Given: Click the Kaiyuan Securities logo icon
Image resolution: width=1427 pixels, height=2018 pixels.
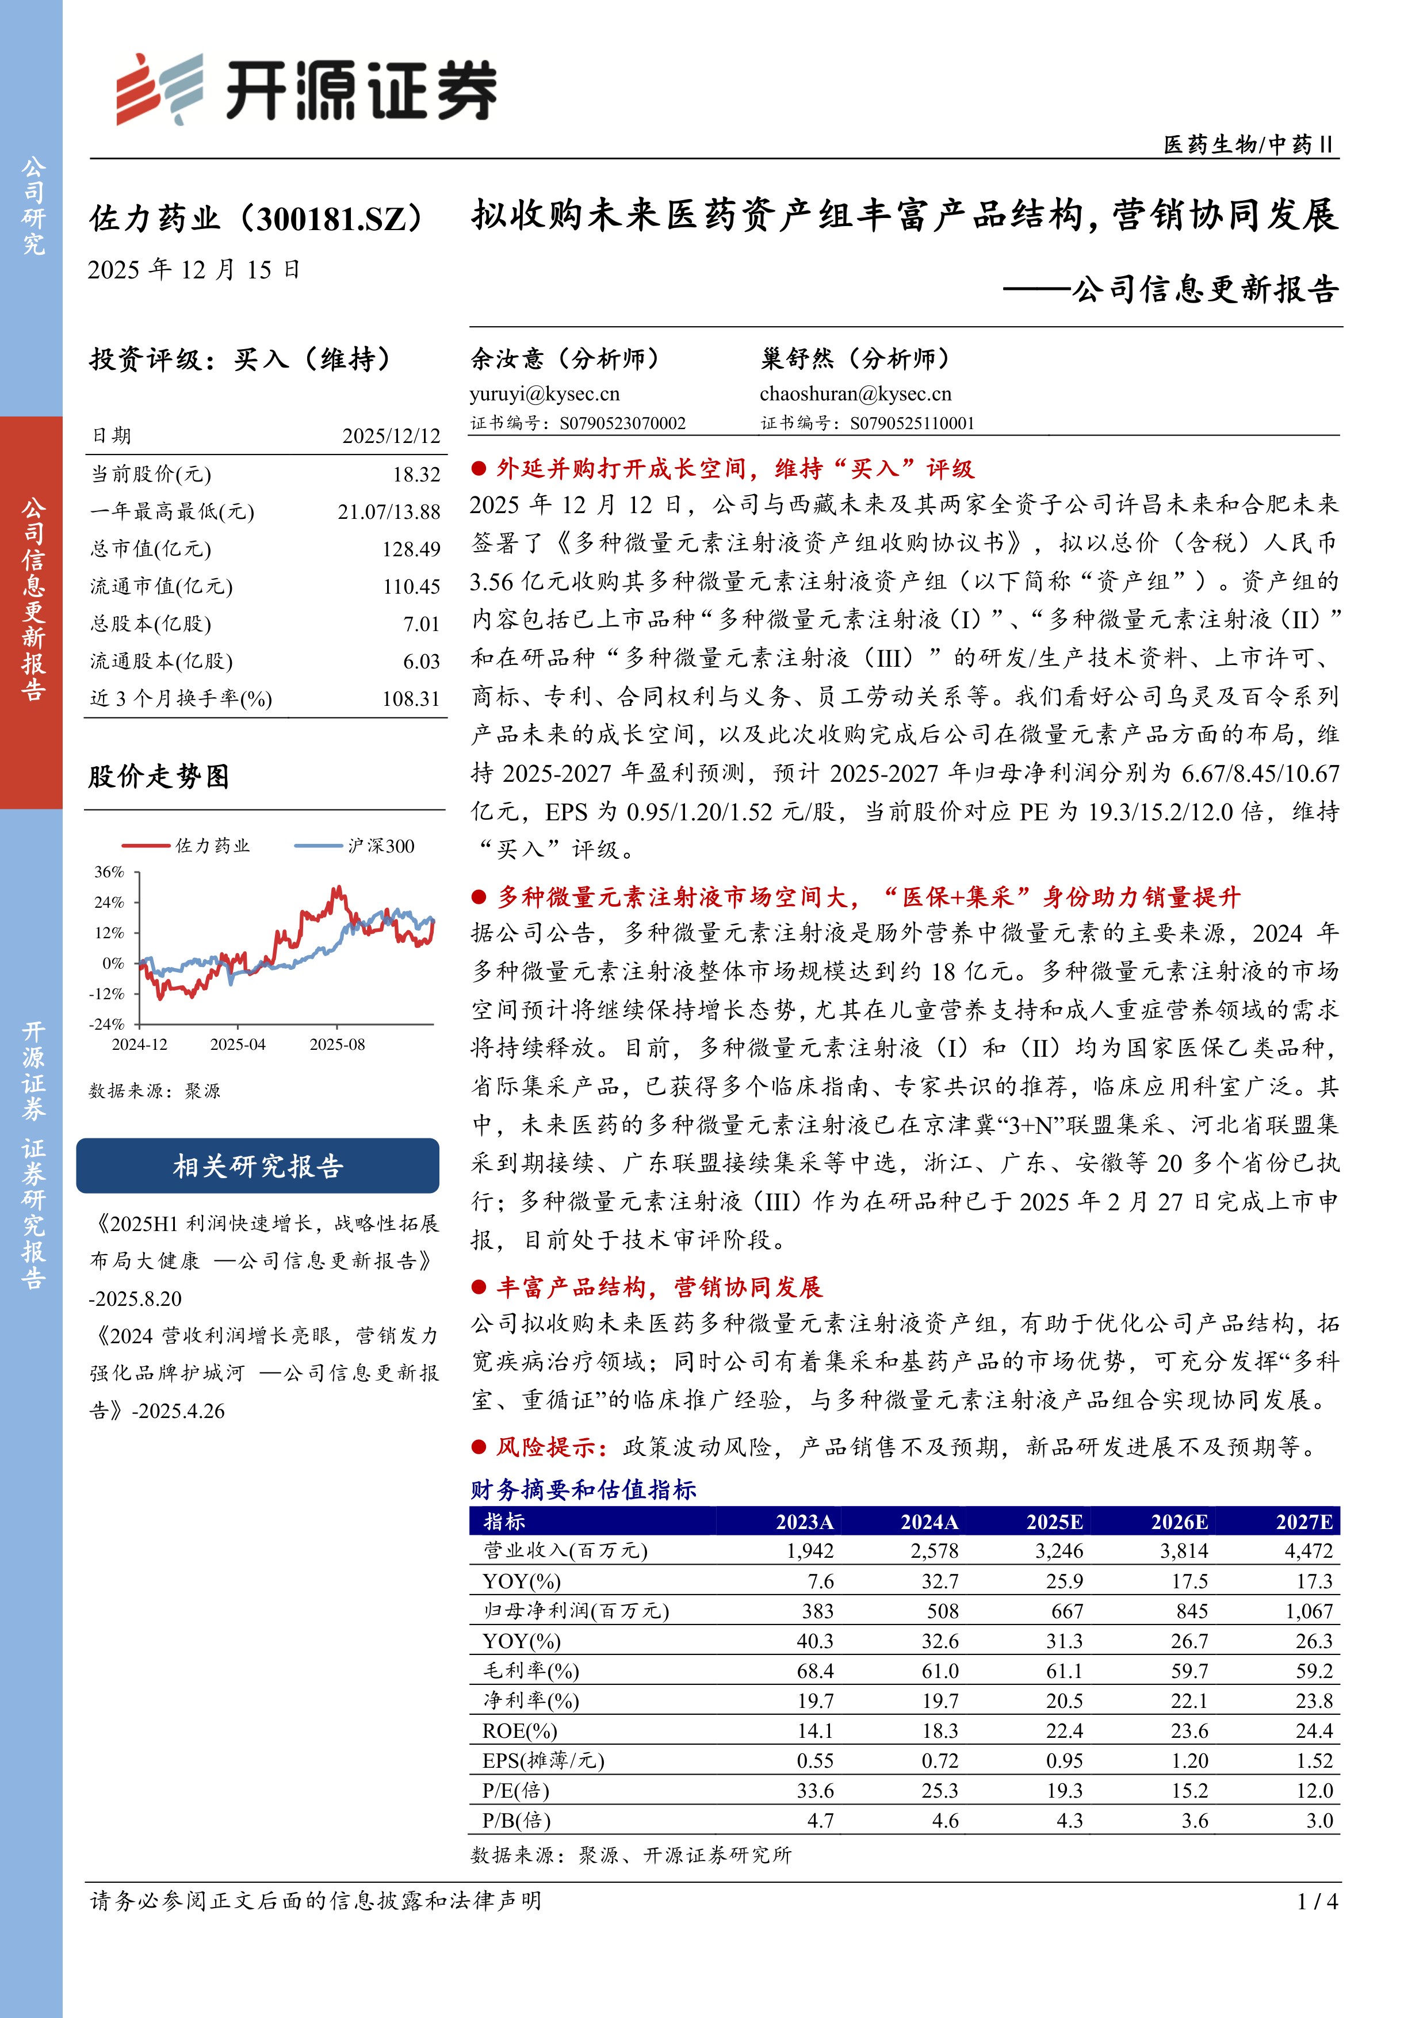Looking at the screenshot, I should [x=159, y=90].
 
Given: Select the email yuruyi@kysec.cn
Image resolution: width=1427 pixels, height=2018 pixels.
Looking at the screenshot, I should [x=545, y=393].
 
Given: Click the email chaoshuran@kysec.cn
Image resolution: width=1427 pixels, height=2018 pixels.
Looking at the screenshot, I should [x=855, y=393].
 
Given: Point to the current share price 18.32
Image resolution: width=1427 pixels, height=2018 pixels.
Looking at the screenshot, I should [x=416, y=475].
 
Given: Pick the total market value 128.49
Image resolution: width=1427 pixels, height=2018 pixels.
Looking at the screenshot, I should [x=410, y=549].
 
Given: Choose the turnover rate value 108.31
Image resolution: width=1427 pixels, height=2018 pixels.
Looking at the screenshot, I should [x=410, y=699].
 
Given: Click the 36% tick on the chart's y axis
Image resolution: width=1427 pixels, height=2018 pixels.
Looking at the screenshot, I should [x=110, y=872].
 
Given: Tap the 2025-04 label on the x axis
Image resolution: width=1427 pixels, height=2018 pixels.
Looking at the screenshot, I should [x=237, y=1044].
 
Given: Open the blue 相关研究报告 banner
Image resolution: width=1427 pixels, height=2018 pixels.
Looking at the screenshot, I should [x=258, y=1166].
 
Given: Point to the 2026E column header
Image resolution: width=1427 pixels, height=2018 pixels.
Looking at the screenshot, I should [x=1179, y=1522].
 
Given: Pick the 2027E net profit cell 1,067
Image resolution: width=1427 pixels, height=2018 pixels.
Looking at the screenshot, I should [x=1309, y=1611].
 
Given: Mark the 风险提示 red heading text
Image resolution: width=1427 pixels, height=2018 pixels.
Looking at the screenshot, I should [x=551, y=1447].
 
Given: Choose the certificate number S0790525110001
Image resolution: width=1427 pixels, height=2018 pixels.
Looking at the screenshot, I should [x=912, y=423].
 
